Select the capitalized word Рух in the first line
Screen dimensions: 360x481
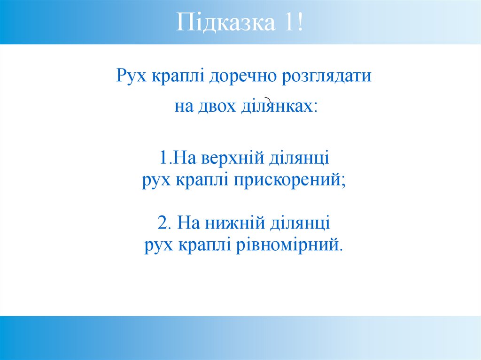point(129,77)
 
